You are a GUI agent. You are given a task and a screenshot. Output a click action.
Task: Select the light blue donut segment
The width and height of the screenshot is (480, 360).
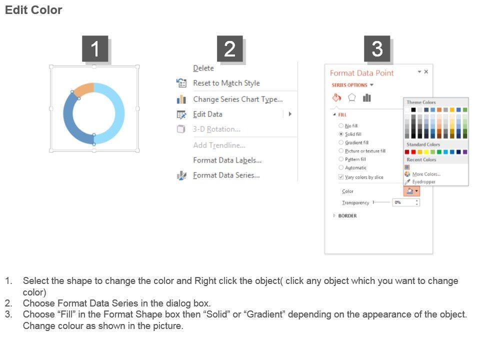click(119, 113)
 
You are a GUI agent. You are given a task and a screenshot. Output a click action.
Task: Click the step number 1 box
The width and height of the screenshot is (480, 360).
click(95, 48)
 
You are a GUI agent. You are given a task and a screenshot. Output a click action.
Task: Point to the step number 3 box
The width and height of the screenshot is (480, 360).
click(377, 48)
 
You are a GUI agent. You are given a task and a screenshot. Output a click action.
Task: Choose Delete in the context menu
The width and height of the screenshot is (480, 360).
click(203, 68)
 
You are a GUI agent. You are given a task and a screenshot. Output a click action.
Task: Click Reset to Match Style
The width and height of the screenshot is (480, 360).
click(226, 83)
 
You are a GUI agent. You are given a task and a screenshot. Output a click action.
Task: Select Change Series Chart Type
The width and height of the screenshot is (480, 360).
click(238, 99)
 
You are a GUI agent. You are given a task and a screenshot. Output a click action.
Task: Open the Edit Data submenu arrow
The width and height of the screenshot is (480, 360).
click(290, 114)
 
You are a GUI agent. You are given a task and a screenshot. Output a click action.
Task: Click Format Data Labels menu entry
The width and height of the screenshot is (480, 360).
click(227, 160)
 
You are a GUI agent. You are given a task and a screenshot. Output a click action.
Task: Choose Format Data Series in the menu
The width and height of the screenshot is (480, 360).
click(226, 175)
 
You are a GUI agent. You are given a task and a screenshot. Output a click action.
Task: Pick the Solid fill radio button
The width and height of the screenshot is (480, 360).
click(340, 134)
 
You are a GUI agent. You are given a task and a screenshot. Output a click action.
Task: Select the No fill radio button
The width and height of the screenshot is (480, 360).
click(340, 126)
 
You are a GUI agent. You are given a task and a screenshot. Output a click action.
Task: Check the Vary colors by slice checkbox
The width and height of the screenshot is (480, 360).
click(340, 177)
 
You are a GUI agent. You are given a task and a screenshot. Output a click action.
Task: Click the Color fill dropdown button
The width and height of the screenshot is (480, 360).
click(411, 191)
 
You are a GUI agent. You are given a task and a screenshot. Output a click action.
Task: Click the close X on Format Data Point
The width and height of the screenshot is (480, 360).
click(426, 71)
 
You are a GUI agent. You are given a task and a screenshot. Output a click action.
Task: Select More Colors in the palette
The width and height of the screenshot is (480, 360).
click(426, 174)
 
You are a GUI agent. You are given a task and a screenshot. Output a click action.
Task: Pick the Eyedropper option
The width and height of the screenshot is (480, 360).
click(423, 182)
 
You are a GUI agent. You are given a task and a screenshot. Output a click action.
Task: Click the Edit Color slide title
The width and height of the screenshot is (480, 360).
click(33, 10)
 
